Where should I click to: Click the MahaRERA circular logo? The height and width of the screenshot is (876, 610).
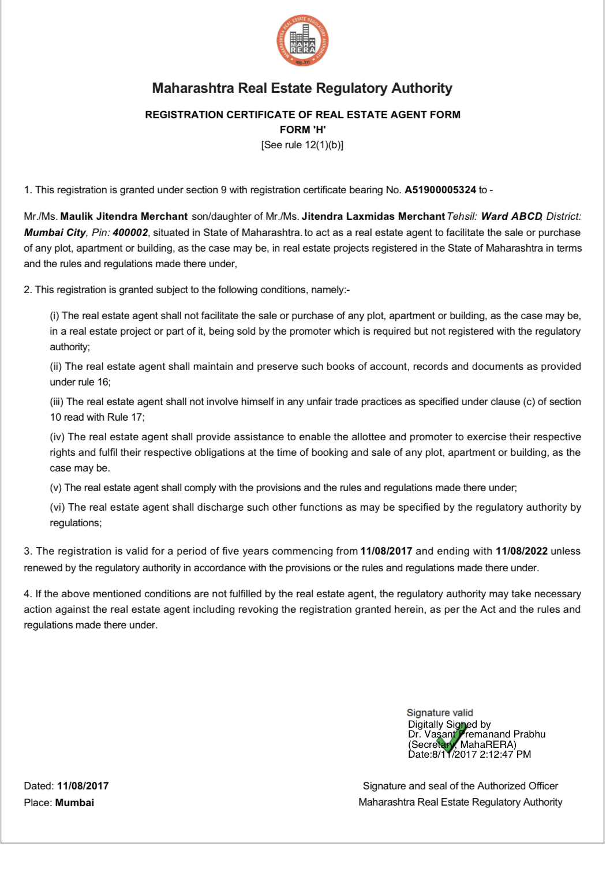[x=302, y=40]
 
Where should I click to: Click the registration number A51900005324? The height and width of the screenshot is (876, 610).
[x=440, y=190]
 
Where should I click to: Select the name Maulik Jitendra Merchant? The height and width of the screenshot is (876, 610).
[x=124, y=216]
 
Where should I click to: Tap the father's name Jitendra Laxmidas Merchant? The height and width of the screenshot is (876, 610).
[x=373, y=216]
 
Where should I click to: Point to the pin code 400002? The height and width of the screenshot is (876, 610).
[x=130, y=233]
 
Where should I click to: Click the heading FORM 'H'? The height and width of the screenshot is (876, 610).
[x=302, y=130]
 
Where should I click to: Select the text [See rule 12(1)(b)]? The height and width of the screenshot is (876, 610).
[x=302, y=145]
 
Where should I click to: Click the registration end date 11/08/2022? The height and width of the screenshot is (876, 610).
[x=521, y=551]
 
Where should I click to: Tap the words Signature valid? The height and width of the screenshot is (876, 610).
[x=440, y=713]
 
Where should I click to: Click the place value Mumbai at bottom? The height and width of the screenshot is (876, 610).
[x=74, y=803]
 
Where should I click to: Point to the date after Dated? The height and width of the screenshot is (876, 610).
[x=83, y=786]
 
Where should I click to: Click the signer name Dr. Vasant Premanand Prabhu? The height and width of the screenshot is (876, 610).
[x=477, y=734]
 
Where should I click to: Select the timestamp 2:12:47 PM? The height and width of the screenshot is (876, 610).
[x=505, y=754]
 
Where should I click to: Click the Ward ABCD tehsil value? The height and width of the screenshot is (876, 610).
[x=511, y=216]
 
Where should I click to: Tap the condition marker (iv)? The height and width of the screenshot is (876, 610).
[x=57, y=437]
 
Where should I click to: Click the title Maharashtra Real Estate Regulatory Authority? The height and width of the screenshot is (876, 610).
[x=302, y=88]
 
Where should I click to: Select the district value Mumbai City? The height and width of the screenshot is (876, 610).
[x=55, y=233]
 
